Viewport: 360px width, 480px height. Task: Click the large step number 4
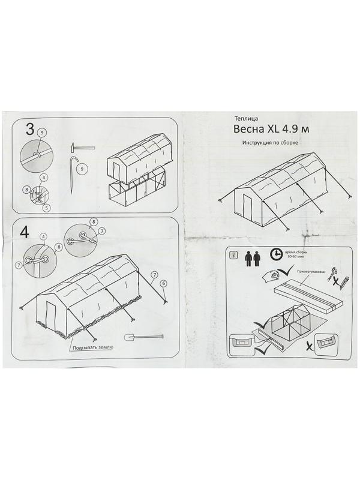[25, 231]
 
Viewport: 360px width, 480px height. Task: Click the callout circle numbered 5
[46, 208]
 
